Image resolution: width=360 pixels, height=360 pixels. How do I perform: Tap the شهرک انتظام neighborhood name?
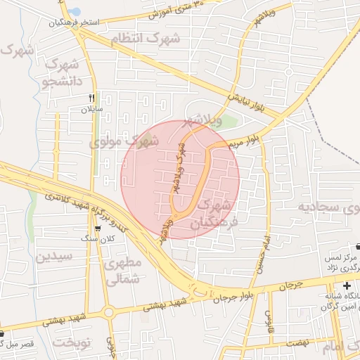pyautogui.click(x=150, y=39)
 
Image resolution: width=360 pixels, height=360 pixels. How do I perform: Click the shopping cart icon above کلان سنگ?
pyautogui.click(x=97, y=229)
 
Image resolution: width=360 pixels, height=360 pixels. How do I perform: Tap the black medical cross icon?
pyautogui.click(x=346, y=285)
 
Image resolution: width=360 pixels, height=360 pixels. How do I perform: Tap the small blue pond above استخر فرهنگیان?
pyautogui.click(x=73, y=11)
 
